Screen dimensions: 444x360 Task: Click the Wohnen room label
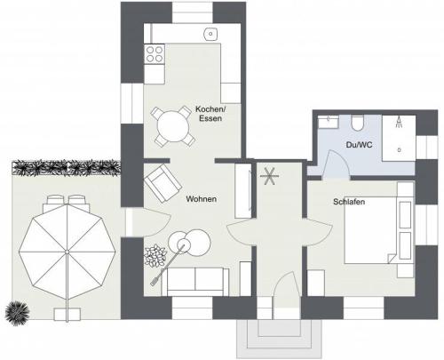[202, 199]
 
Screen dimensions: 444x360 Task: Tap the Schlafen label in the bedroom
[349, 202]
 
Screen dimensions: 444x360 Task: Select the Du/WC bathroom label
[359, 145]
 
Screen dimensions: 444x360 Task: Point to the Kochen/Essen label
[210, 114]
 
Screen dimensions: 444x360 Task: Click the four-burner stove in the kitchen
[155, 54]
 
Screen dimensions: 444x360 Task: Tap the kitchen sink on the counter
[210, 34]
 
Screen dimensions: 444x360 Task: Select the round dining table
[173, 126]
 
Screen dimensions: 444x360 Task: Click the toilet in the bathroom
[358, 124]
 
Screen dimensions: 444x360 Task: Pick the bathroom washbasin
[329, 122]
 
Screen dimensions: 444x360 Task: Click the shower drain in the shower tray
[399, 150]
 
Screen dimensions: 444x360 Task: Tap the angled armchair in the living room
[163, 183]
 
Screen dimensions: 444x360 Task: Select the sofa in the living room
[195, 281]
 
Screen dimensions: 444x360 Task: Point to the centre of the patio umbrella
[67, 252]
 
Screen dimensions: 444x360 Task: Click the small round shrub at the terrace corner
[18, 314]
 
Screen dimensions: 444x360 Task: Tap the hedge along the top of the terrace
[67, 168]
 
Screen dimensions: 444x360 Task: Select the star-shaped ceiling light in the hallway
[269, 176]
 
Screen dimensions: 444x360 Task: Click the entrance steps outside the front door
[279, 339]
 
